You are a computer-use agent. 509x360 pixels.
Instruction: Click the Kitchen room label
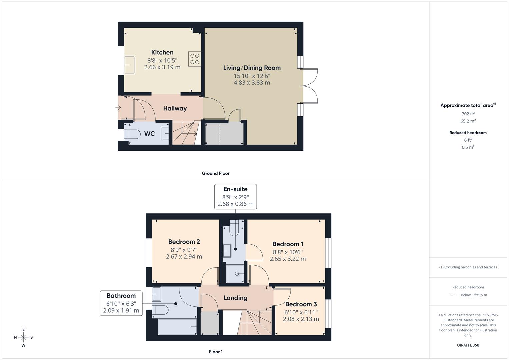coord(162,52)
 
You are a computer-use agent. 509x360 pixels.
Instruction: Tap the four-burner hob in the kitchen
coord(195,59)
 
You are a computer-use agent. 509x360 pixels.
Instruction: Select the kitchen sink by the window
coord(129,65)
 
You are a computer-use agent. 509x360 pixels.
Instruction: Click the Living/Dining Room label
coord(252,68)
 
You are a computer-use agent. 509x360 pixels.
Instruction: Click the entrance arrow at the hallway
coord(118,108)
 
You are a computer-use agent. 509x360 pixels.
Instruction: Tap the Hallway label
coord(175,108)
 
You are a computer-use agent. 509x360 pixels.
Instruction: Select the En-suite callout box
coord(235,196)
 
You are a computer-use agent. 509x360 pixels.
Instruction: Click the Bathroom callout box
coord(121,303)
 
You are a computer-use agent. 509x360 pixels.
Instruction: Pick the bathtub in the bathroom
coord(178,326)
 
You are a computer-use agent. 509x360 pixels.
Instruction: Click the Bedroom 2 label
coord(184,242)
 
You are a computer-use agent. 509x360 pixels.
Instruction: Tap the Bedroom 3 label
coord(301,304)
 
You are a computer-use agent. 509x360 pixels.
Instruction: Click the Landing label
coord(235,298)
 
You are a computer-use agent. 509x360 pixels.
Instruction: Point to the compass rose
coord(23,337)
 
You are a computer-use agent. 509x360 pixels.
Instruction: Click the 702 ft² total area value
coord(468,114)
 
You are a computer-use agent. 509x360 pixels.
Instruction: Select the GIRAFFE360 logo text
coord(468,345)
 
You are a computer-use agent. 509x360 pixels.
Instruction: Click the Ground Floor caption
coord(216,173)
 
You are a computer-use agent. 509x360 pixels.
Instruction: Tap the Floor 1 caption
coord(216,352)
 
